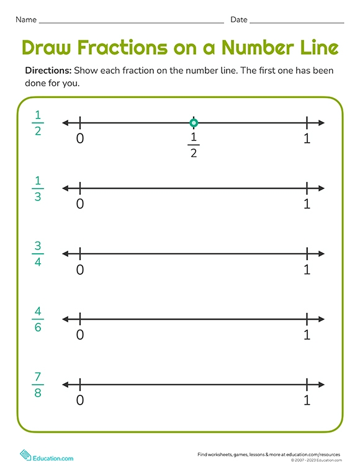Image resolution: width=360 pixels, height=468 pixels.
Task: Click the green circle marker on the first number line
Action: tap(194, 123)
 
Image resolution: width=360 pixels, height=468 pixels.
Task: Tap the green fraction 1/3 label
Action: tap(38, 188)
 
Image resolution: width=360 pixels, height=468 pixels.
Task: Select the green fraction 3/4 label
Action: tap(38, 253)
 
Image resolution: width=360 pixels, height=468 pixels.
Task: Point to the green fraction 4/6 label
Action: tap(38, 319)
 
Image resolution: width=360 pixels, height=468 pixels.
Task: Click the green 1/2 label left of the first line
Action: tap(38, 122)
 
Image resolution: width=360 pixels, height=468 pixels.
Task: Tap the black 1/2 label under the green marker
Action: tap(194, 145)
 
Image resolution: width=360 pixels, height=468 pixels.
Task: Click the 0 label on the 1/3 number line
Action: tap(80, 204)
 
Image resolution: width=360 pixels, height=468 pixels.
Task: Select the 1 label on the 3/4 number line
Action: tap(307, 269)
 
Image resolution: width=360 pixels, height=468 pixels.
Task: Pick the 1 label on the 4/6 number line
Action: tap(307, 335)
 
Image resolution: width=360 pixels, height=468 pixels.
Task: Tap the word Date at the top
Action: tap(239, 20)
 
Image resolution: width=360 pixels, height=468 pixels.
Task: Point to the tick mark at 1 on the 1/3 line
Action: tap(307, 188)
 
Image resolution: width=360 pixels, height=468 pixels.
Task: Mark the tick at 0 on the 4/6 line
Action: tap(80, 319)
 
